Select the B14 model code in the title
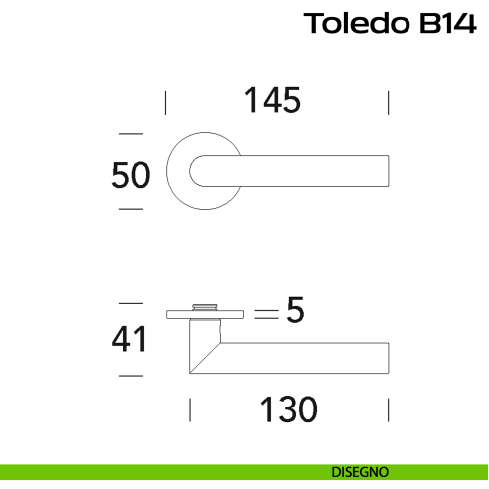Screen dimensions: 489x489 446,23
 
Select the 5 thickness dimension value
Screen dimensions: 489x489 293,311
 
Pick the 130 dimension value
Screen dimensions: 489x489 287,408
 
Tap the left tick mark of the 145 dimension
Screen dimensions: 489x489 165,102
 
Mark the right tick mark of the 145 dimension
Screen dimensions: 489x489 388,102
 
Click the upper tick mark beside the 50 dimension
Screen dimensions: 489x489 130,133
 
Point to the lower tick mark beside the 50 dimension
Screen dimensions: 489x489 130,210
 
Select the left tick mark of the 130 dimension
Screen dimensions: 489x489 189,409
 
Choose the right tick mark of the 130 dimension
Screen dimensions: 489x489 388,409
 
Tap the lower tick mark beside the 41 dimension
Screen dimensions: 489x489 130,376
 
